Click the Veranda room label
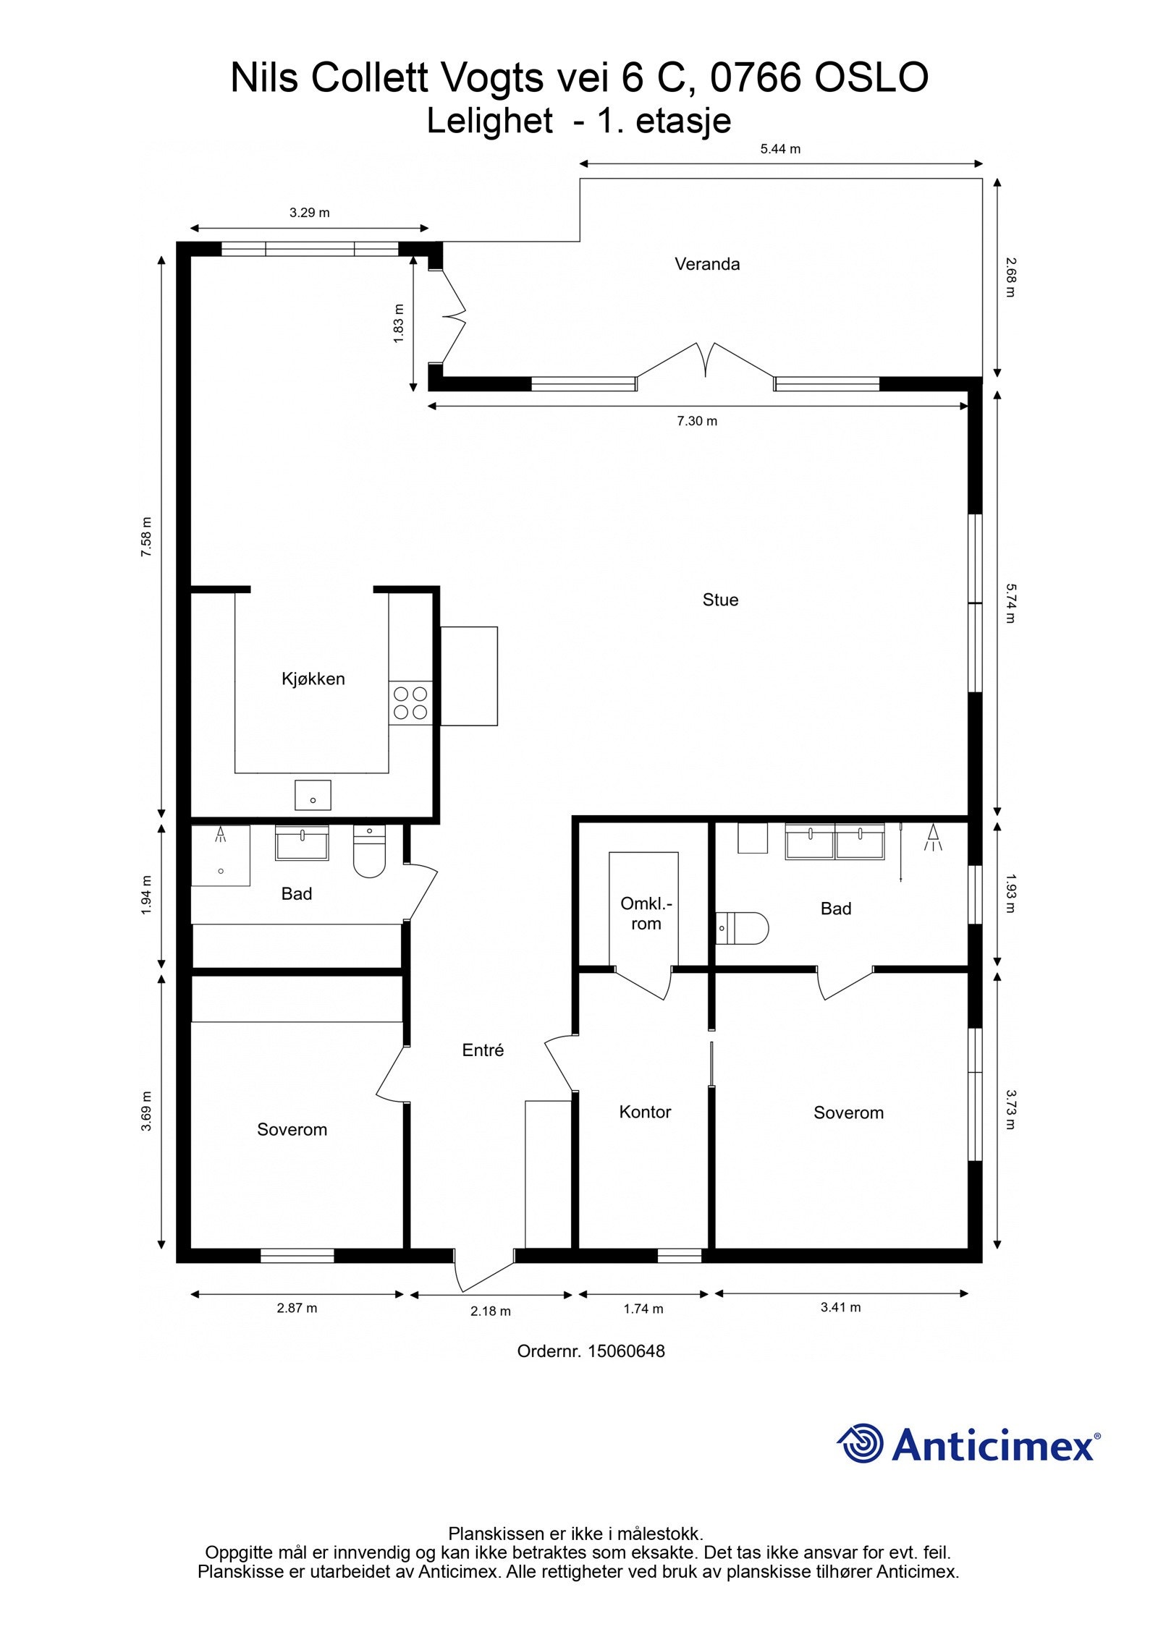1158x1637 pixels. coord(707,264)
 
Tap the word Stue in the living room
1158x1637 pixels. coord(720,600)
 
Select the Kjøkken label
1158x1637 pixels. coord(313,679)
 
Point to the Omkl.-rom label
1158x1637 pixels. coord(646,914)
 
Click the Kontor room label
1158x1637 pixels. coord(645,1112)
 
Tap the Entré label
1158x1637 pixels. coord(483,1050)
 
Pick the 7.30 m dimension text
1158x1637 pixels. coord(697,421)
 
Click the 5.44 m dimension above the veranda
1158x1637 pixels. coord(780,149)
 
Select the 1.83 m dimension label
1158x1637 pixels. coord(399,323)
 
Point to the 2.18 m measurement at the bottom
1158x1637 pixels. coord(491,1311)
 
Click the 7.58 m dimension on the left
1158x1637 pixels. coord(147,537)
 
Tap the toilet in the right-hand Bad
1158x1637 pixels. coord(742,928)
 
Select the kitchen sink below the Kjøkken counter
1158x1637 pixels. coord(313,795)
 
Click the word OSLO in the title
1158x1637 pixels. coord(871,77)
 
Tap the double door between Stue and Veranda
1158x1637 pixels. coord(706,360)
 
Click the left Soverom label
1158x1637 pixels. coord(292,1129)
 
